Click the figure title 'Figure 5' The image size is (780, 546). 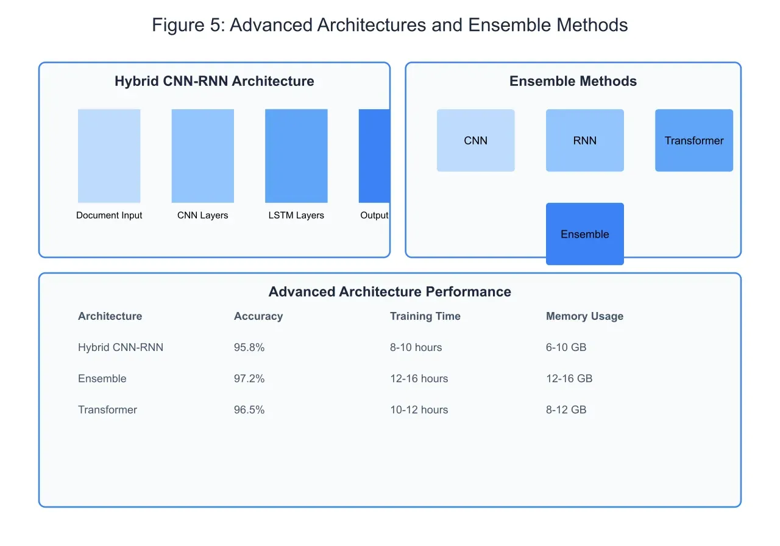point(389,25)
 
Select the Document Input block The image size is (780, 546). point(109,155)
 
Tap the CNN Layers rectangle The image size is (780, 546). point(202,155)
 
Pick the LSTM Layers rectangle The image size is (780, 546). point(296,155)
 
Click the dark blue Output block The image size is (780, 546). point(374,155)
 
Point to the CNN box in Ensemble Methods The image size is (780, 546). point(475,140)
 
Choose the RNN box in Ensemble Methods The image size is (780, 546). point(584,140)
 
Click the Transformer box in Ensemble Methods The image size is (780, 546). point(693,140)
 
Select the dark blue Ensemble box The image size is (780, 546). point(584,234)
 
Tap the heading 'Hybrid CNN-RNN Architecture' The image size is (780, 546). point(214,81)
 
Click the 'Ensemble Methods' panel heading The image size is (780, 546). point(573,81)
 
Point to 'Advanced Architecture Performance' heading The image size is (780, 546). point(389,291)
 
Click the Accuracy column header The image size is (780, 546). point(258,316)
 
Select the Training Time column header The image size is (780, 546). point(425,316)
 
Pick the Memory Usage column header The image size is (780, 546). point(584,316)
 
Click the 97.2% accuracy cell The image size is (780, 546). point(249,378)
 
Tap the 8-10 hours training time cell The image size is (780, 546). point(416,347)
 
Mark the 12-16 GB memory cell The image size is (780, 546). point(569,378)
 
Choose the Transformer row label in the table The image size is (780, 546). point(107,409)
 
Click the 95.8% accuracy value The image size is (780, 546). point(249,347)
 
